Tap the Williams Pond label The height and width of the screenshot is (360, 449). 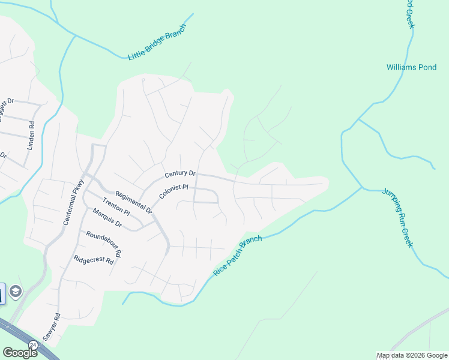pos(411,67)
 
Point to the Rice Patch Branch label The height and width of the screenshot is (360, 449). pos(238,256)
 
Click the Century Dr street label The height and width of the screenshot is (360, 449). pos(181,174)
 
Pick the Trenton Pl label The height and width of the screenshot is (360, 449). pos(116,206)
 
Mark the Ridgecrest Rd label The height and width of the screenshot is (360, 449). pos(93,260)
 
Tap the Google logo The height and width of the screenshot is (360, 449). pos(20,352)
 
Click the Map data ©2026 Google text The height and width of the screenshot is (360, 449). pos(412,355)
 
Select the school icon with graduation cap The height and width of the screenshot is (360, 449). pos(15,293)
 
